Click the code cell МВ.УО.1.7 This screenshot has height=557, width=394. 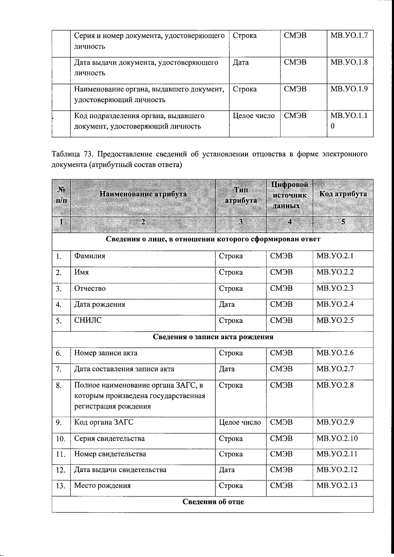click(x=349, y=35)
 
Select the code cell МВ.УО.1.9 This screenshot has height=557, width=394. click(x=349, y=89)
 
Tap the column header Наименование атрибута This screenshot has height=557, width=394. click(x=143, y=194)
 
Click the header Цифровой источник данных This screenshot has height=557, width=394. click(x=290, y=195)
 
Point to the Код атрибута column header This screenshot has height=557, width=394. click(x=343, y=194)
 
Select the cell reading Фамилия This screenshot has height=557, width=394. click(x=90, y=256)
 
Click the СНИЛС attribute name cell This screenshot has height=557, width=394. click(x=88, y=320)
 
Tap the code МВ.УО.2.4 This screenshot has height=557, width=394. click(x=335, y=304)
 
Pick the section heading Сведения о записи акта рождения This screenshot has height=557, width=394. click(x=213, y=337)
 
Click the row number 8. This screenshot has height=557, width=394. click(x=59, y=386)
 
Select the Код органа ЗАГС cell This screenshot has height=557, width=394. click(x=104, y=422)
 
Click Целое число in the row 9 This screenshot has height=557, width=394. click(x=240, y=422)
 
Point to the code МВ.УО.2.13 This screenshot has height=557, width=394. click(x=337, y=485)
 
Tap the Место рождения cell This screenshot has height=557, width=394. click(x=102, y=485)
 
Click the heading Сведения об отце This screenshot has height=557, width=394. click(x=213, y=502)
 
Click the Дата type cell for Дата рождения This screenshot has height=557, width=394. click(x=227, y=304)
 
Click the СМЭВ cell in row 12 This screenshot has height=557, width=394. click(x=281, y=470)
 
